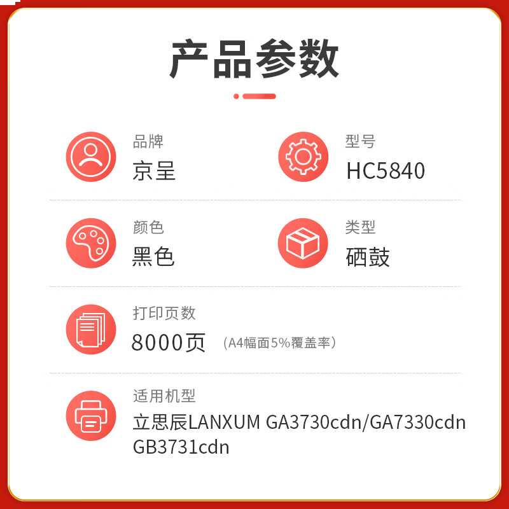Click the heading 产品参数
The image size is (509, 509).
254,59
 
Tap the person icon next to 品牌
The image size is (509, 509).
91,157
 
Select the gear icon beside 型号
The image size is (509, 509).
303,157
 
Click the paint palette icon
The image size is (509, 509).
91,243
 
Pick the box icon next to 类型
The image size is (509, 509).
303,243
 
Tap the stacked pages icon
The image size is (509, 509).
91,329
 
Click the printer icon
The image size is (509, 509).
91,415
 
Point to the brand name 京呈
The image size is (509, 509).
154,171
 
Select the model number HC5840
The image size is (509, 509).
386,171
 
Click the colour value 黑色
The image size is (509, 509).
154,256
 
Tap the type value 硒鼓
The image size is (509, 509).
368,256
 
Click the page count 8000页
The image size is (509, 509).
169,343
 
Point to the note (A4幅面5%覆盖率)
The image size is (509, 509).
279,343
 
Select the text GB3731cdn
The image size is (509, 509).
181,447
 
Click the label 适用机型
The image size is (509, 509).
164,396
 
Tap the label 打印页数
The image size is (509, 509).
164,313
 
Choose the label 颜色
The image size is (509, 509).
148,227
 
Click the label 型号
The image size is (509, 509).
361,141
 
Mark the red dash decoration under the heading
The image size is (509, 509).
254,96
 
